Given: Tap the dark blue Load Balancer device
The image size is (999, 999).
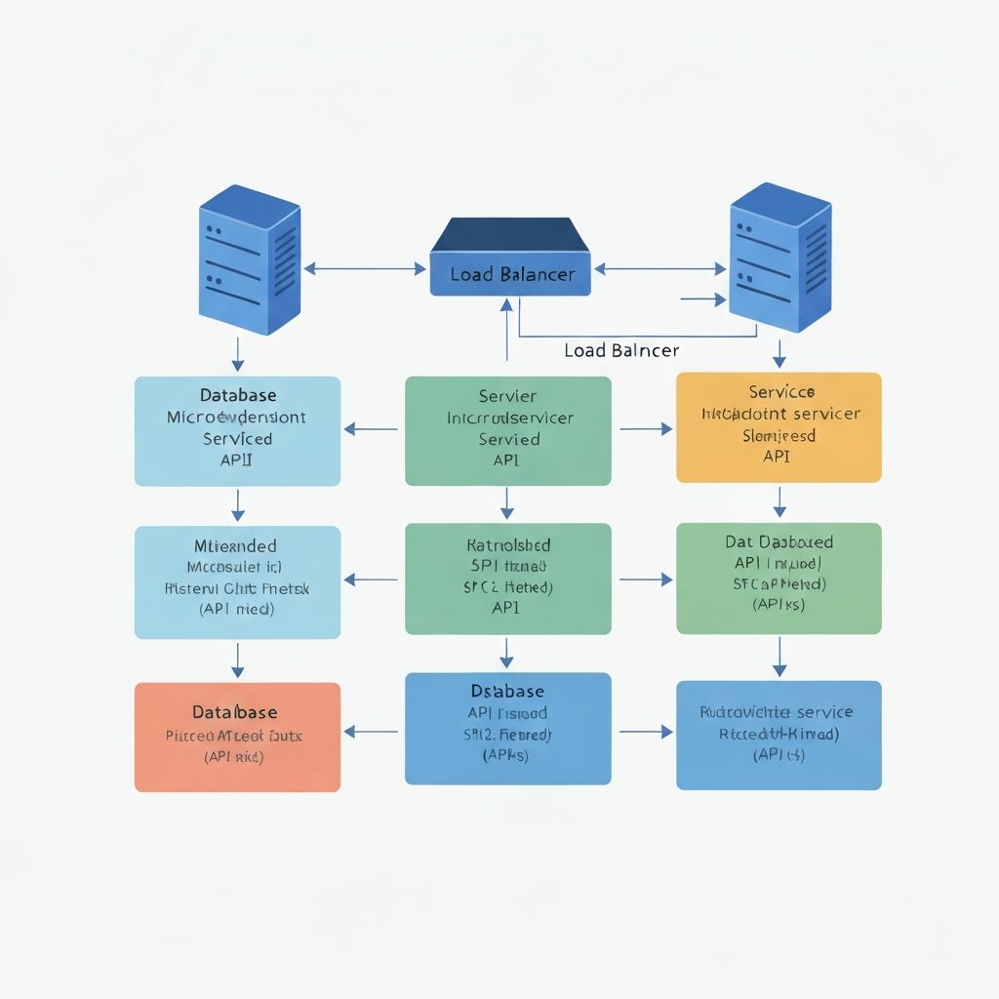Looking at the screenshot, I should coord(510,257).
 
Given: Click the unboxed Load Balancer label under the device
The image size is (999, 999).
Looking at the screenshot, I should coord(621,350).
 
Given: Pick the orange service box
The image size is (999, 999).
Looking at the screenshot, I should coord(779,427).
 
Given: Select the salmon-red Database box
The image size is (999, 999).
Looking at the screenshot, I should coord(237,737).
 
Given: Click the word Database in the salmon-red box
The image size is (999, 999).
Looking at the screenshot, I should coord(234,713).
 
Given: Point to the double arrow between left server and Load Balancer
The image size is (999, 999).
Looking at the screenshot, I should coord(365,267).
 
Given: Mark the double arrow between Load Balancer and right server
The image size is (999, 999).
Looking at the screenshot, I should coord(660,267).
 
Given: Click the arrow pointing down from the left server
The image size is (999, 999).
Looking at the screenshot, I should coord(237,353).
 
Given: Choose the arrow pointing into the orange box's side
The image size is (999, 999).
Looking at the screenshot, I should coord(646,428).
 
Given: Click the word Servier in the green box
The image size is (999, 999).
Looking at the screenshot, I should coord(507,396).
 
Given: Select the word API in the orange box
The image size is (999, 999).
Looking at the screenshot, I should coord(777,456).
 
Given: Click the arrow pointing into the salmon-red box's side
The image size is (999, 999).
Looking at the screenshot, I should coord(372,730).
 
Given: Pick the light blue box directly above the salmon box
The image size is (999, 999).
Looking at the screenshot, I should coord(237,582).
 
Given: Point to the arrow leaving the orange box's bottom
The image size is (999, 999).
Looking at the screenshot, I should coord(779,500).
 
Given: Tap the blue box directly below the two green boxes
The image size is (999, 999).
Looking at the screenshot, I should coord(507,728).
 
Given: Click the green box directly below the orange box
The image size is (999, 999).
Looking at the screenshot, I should coord(779,578).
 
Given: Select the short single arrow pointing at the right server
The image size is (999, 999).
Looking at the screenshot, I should coord(703,298).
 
